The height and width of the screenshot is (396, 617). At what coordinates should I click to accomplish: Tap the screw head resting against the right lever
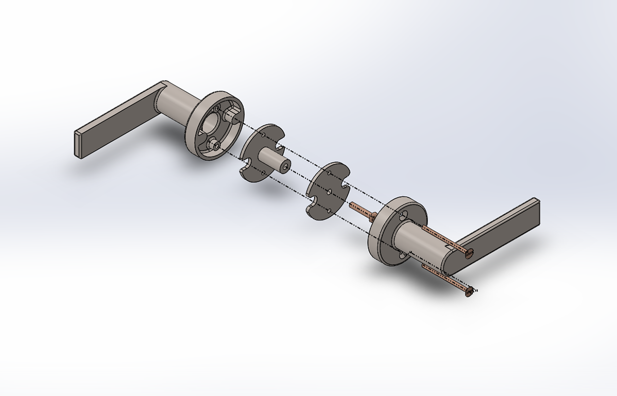[x=468, y=252]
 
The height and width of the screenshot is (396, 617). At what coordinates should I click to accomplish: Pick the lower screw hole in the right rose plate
[x=401, y=253]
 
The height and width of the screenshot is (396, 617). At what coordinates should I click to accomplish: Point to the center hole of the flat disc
[x=328, y=191]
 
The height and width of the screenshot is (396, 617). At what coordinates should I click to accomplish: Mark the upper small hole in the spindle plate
[x=263, y=135]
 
